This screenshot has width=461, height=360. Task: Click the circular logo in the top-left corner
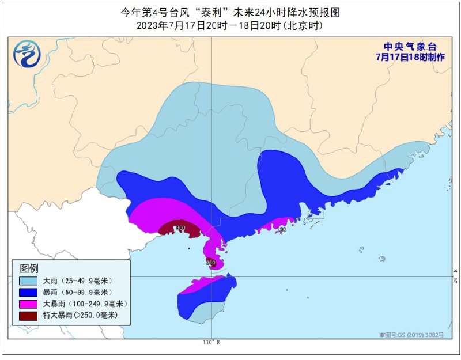(x=27, y=54)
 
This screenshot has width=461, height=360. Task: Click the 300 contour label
(x=181, y=228)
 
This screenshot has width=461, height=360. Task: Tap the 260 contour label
(x=210, y=263)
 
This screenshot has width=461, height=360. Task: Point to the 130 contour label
(x=281, y=230)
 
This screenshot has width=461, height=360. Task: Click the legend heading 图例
(x=29, y=268)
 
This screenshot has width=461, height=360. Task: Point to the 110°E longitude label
(x=211, y=343)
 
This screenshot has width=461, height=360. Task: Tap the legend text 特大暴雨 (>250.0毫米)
(x=80, y=315)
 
